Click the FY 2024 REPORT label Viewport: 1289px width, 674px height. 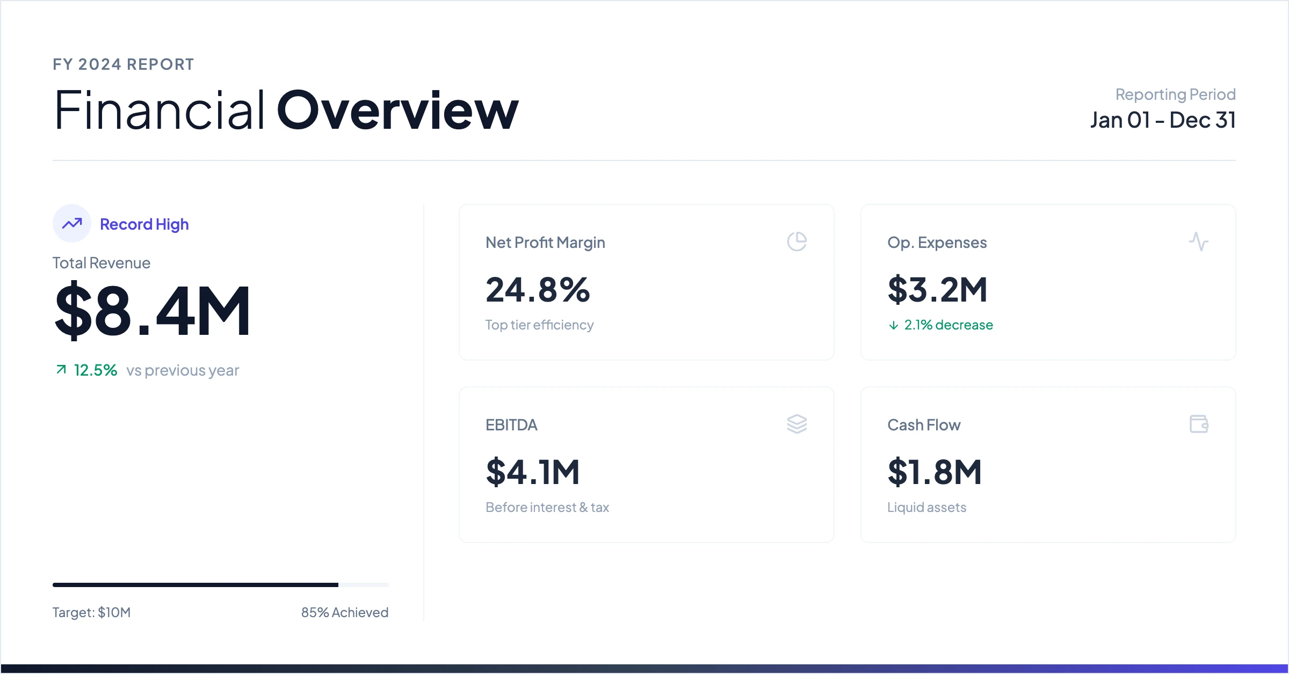pyautogui.click(x=123, y=64)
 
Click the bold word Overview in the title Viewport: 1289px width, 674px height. pyautogui.click(x=397, y=111)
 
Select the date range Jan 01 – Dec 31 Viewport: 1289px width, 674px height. pyautogui.click(x=1163, y=120)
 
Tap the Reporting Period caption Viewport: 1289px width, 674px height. pyautogui.click(x=1176, y=94)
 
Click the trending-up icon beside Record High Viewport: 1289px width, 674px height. pyautogui.click(x=72, y=223)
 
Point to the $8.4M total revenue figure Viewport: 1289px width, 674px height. pyautogui.click(x=153, y=311)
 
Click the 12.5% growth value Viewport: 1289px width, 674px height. pyautogui.click(x=96, y=370)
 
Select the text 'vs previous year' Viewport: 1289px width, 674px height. pyautogui.click(x=183, y=370)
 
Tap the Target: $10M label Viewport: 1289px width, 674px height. pyautogui.click(x=91, y=612)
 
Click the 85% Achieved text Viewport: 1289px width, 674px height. pyautogui.click(x=345, y=612)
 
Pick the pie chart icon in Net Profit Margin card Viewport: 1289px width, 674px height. pyautogui.click(x=797, y=241)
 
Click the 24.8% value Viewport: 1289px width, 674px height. pyautogui.click(x=538, y=290)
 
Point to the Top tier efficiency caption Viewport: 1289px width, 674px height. pyautogui.click(x=539, y=325)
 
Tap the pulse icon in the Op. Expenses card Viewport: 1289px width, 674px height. pyautogui.click(x=1199, y=241)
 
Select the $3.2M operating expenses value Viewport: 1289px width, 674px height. pyautogui.click(x=938, y=290)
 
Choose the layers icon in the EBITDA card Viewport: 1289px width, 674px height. pyautogui.click(x=797, y=424)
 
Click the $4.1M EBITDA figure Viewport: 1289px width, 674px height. pyautogui.click(x=533, y=472)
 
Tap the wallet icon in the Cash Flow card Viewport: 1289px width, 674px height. pyautogui.click(x=1199, y=424)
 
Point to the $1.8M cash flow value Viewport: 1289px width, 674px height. pyautogui.click(x=935, y=472)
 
